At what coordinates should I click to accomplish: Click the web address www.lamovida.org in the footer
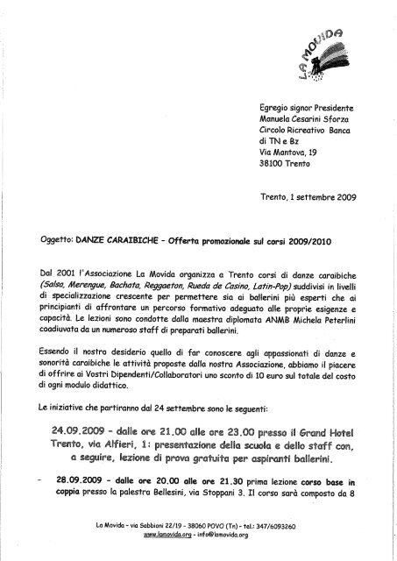(161, 534)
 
